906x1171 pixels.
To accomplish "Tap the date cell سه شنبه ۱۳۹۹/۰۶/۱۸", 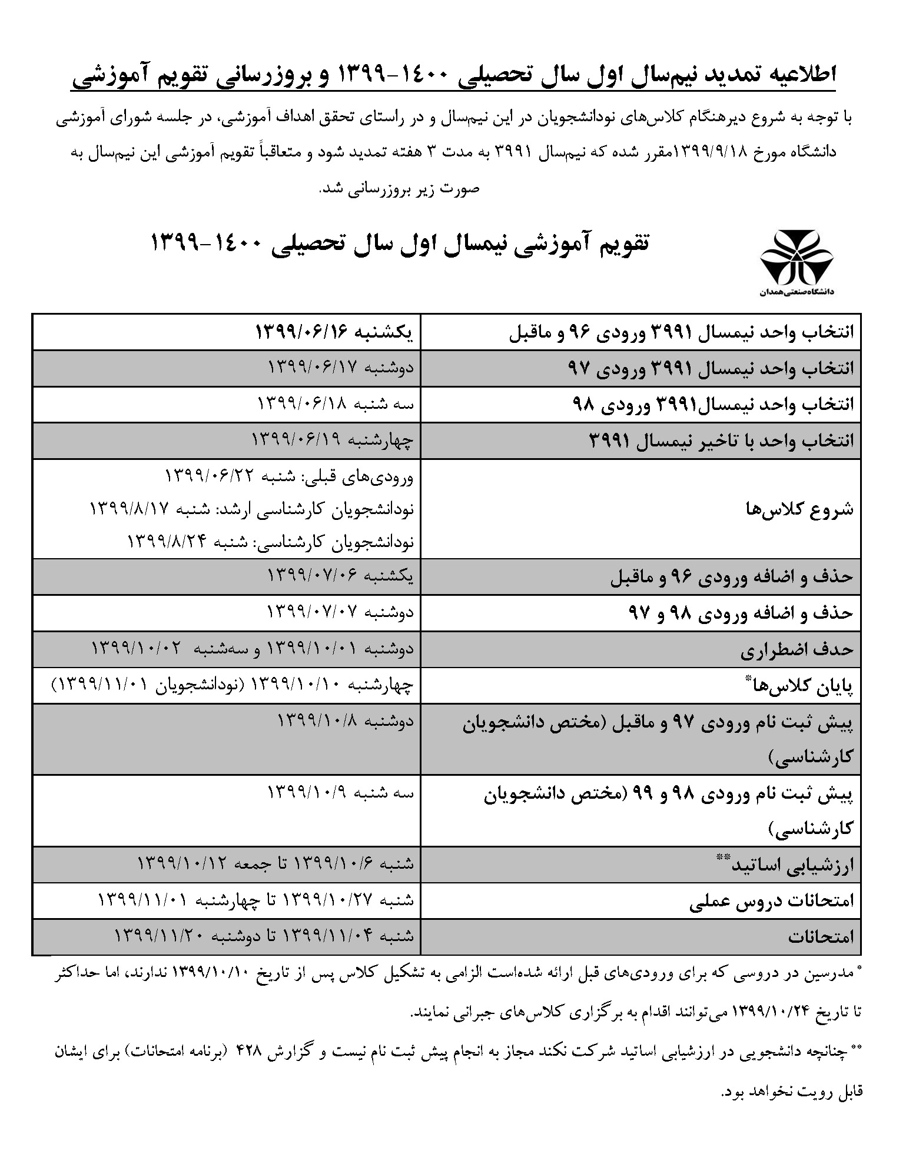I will point(336,405).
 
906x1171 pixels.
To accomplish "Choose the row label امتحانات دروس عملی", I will point(771,902).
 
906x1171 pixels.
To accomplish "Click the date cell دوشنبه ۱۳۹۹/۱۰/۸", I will point(346,720).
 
